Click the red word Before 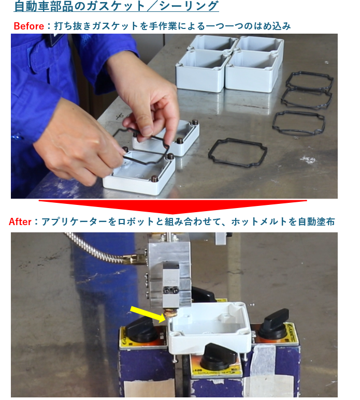point(28,26)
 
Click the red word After point(20,221)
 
